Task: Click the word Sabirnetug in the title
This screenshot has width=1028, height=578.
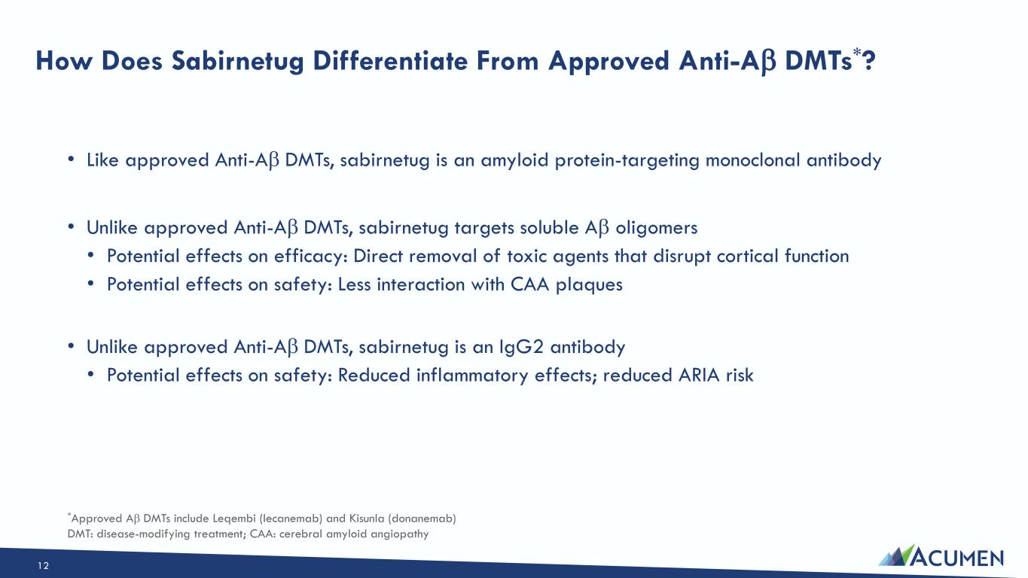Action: point(237,62)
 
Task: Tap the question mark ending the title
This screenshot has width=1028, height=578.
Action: point(869,60)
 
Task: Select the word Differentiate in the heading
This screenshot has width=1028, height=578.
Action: point(390,60)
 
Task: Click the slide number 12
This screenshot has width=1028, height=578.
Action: point(43,566)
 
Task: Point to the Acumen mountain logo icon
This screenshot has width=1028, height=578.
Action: point(897,555)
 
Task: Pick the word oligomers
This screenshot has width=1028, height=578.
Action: point(656,228)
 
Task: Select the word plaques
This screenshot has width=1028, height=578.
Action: point(589,285)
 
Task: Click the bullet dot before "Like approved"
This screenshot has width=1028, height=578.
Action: point(71,160)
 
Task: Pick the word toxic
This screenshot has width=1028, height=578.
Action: point(527,256)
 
